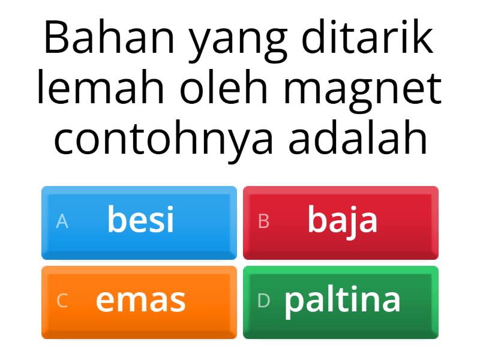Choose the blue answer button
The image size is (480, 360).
pos(139,223)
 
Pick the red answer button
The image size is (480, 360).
pos(341,223)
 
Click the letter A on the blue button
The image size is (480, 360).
pos(62,222)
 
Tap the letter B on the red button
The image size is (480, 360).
pos(263,222)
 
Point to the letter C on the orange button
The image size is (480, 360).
pos(62,302)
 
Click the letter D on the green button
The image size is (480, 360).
pos(263,302)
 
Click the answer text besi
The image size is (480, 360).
pos(141,220)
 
